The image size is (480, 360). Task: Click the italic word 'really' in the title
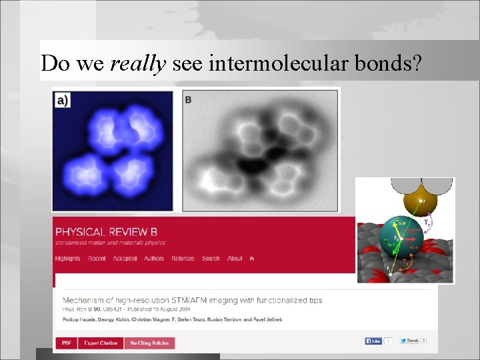pyautogui.click(x=138, y=63)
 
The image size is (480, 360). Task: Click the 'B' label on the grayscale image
pyautogui.click(x=188, y=99)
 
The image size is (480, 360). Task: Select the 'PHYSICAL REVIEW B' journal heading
pyautogui.click(x=106, y=232)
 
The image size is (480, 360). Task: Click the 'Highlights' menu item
pyautogui.click(x=67, y=259)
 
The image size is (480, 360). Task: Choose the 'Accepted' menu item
pyautogui.click(x=125, y=259)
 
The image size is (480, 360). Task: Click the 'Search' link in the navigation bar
pyautogui.click(x=210, y=259)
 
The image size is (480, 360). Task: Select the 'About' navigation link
pyautogui.click(x=235, y=259)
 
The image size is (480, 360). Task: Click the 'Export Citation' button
pyautogui.click(x=100, y=343)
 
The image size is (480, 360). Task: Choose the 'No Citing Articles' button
pyautogui.click(x=149, y=343)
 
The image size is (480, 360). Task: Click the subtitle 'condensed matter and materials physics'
pyautogui.click(x=110, y=243)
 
